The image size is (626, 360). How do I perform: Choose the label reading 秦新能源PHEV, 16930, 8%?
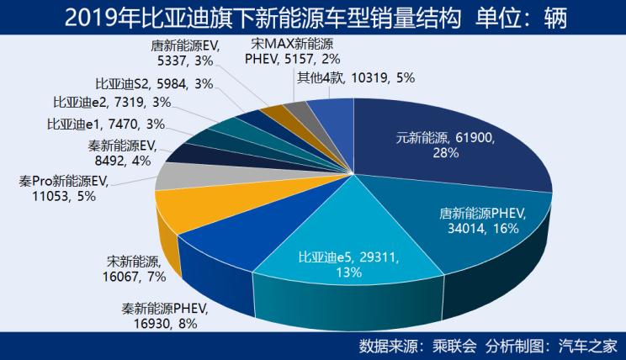pos(163,315)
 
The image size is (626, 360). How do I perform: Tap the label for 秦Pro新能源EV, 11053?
pos(64,188)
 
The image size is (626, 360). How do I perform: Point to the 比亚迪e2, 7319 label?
pos(112,103)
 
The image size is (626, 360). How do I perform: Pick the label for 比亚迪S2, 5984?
pos(154,83)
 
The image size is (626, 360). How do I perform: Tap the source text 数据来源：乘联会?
pos(417,345)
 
